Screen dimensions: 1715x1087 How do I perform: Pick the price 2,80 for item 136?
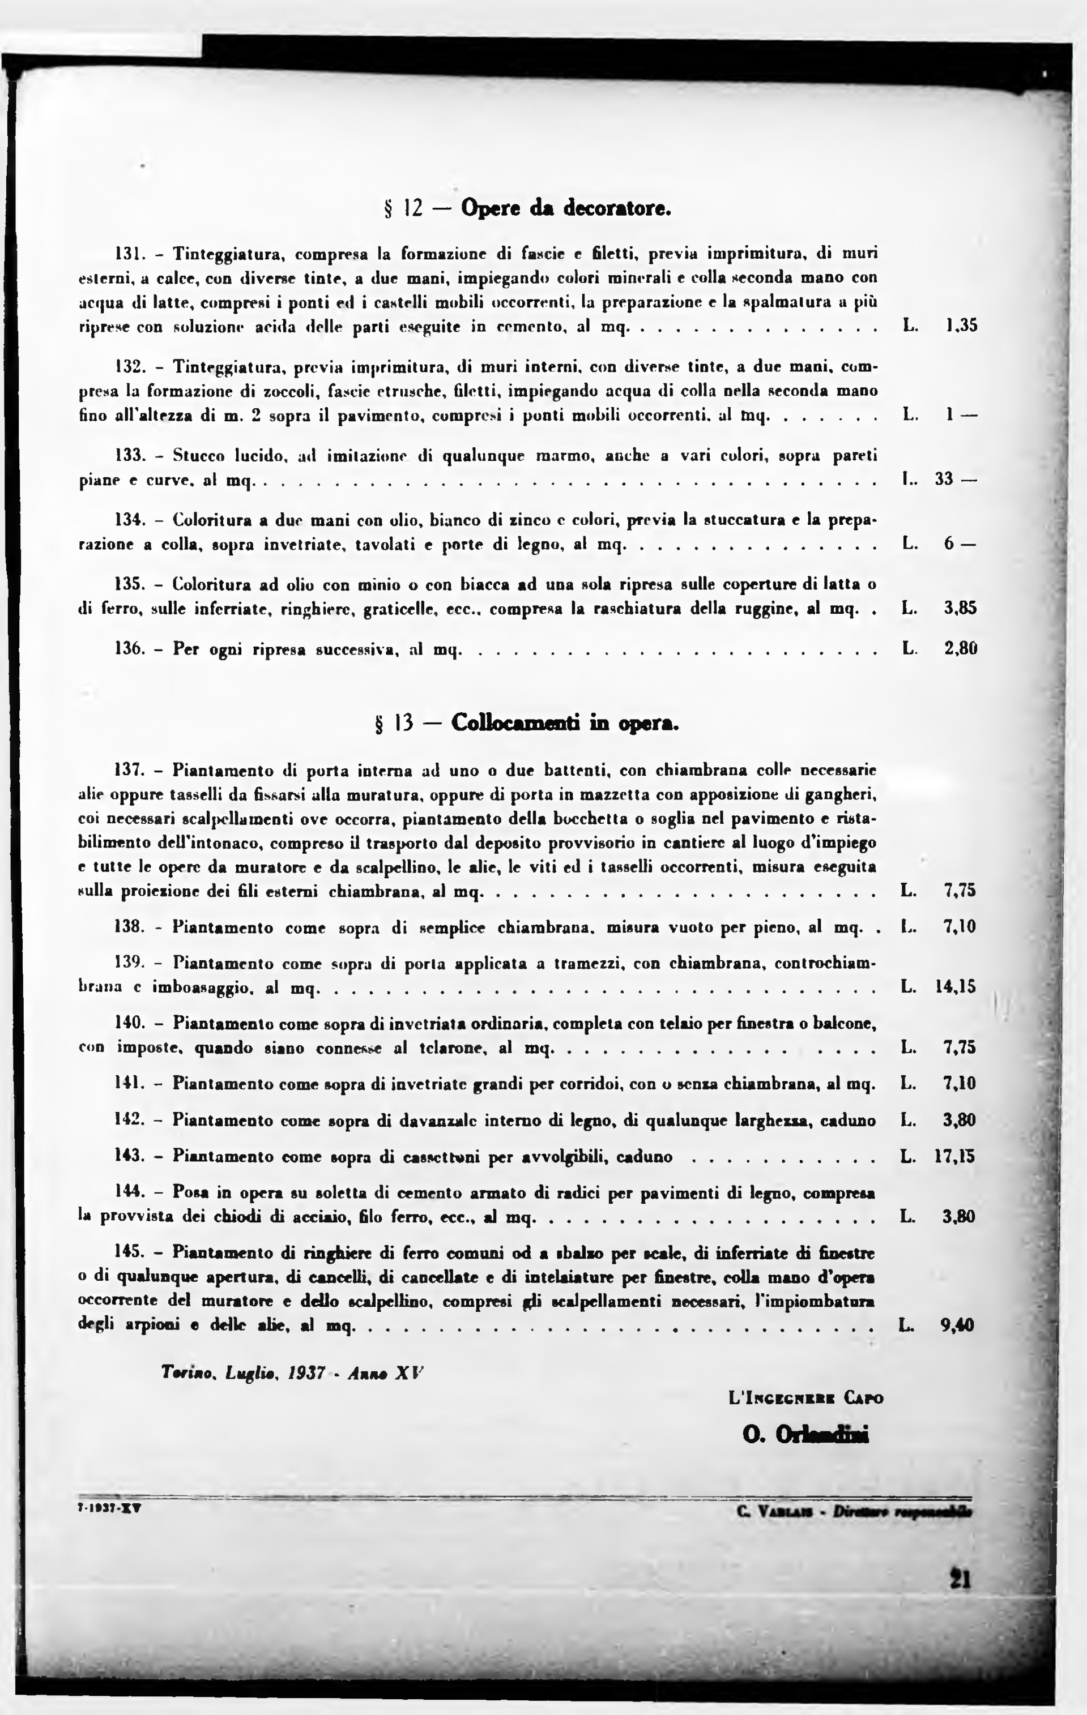tap(960, 649)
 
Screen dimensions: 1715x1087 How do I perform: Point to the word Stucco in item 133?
tap(199, 455)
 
